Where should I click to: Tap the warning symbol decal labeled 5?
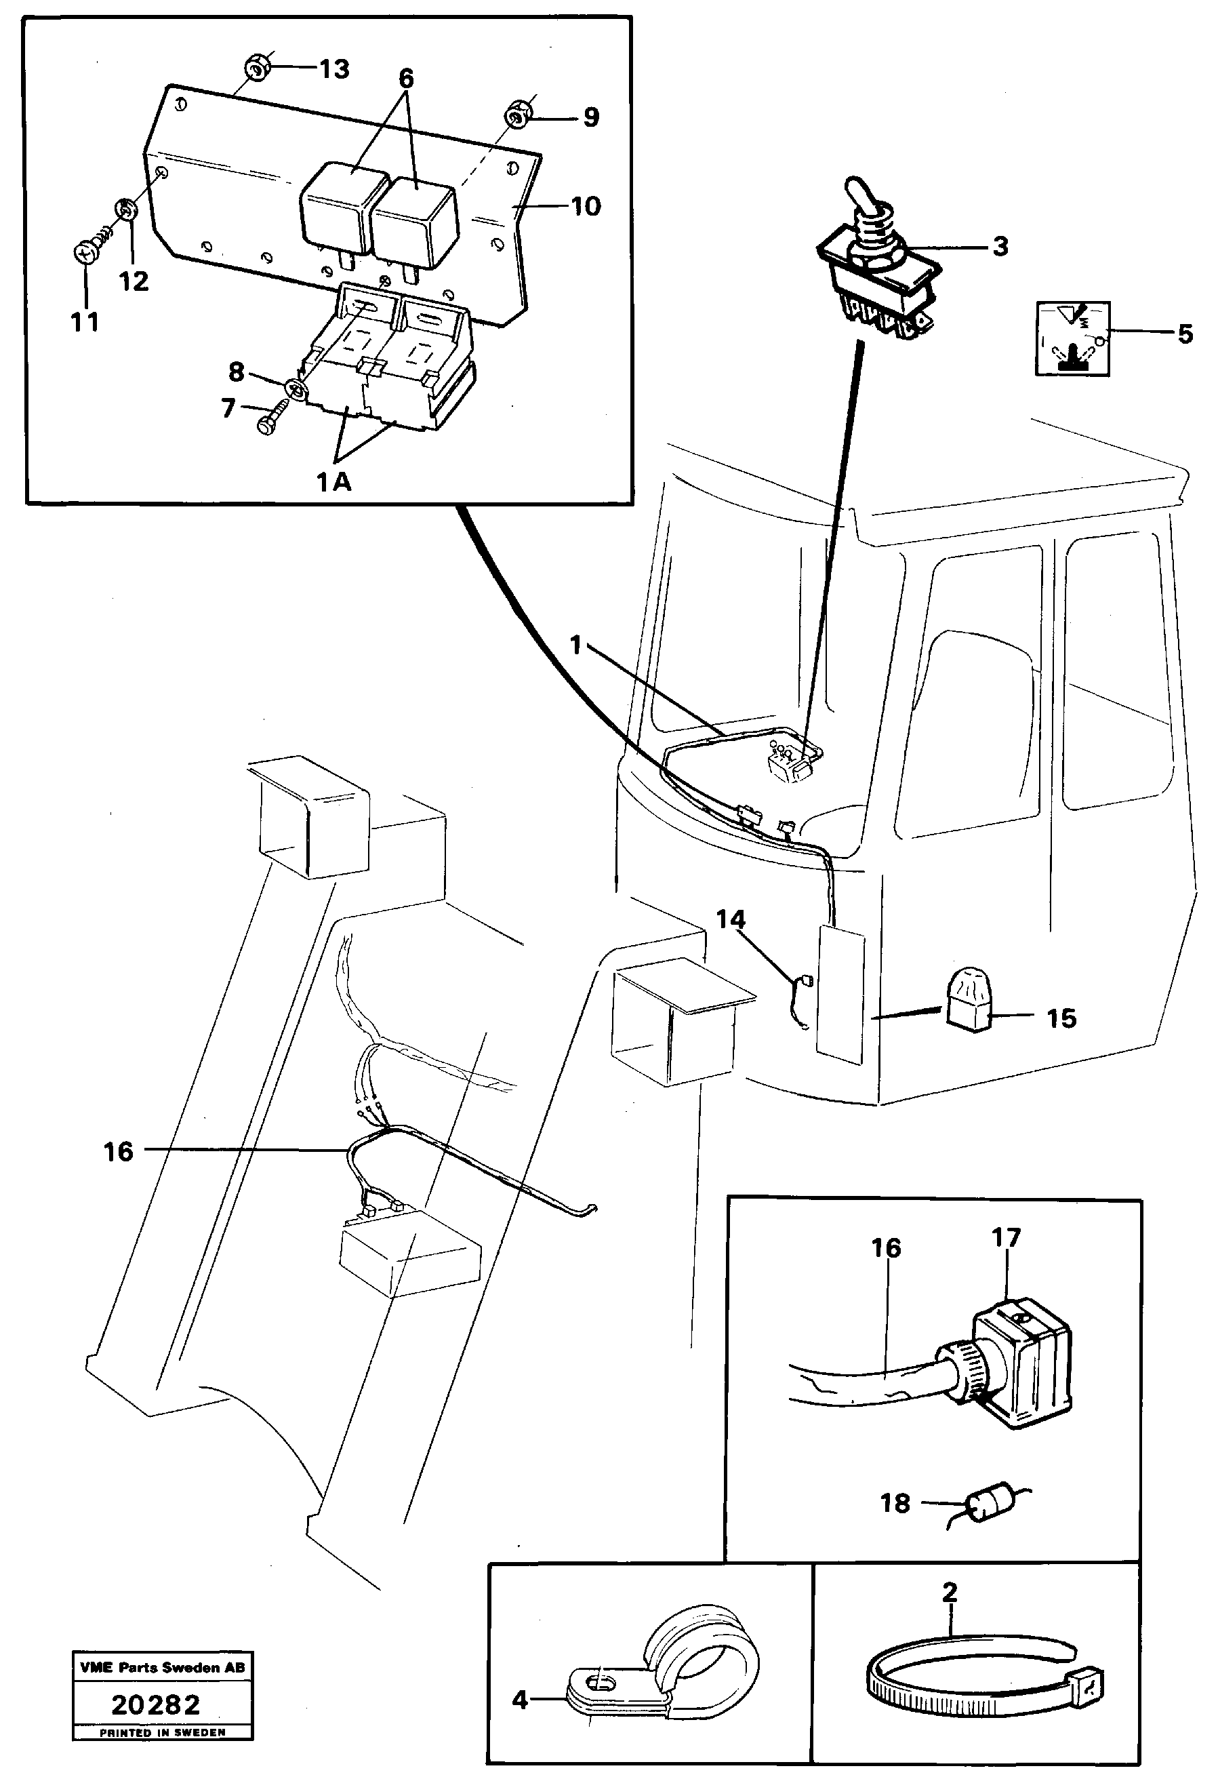pos(1072,338)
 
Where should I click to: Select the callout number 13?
pos(334,70)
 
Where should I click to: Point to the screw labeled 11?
pos(85,252)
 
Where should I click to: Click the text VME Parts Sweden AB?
pos(162,1667)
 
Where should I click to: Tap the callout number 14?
pos(730,919)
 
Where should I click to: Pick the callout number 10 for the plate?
pos(586,207)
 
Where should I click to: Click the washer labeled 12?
pos(125,208)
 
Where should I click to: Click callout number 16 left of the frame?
pos(119,1151)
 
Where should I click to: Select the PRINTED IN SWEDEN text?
pos(162,1732)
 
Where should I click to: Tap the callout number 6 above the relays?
pos(406,78)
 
